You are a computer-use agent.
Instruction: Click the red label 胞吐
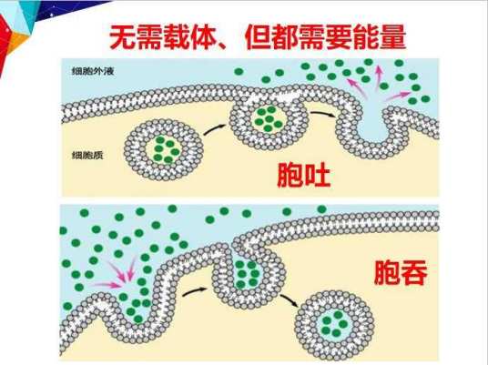point(304,175)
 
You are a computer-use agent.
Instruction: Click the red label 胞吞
point(401,272)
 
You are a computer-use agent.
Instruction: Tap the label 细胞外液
point(93,71)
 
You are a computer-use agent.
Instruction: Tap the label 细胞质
point(87,155)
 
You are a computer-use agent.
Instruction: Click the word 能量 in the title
point(379,37)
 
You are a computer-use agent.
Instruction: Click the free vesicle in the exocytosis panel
point(164,150)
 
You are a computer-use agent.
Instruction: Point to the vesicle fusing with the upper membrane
point(269,121)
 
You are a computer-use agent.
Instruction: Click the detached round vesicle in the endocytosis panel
point(334,324)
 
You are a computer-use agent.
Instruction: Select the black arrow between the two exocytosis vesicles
point(215,129)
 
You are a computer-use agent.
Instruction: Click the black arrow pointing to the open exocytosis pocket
point(323,114)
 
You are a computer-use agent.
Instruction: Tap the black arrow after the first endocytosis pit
point(194,292)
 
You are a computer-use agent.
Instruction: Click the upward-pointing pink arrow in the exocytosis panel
point(379,77)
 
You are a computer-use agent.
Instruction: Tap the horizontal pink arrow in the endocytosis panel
point(107,284)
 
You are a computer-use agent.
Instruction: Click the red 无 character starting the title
point(122,37)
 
